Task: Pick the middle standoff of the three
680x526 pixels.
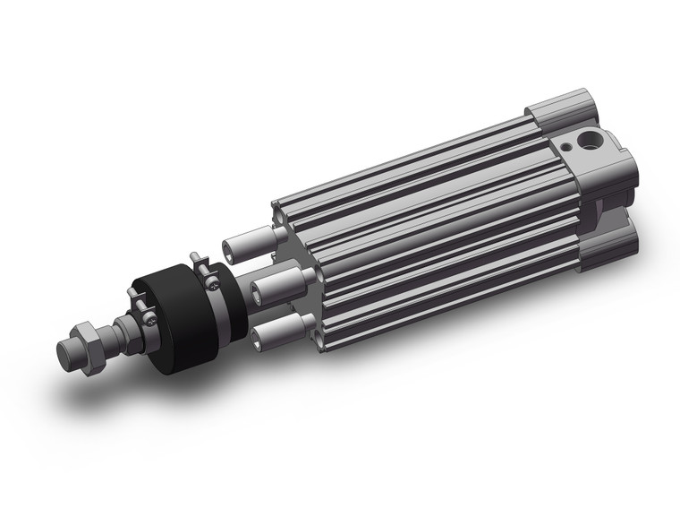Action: (270, 287)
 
